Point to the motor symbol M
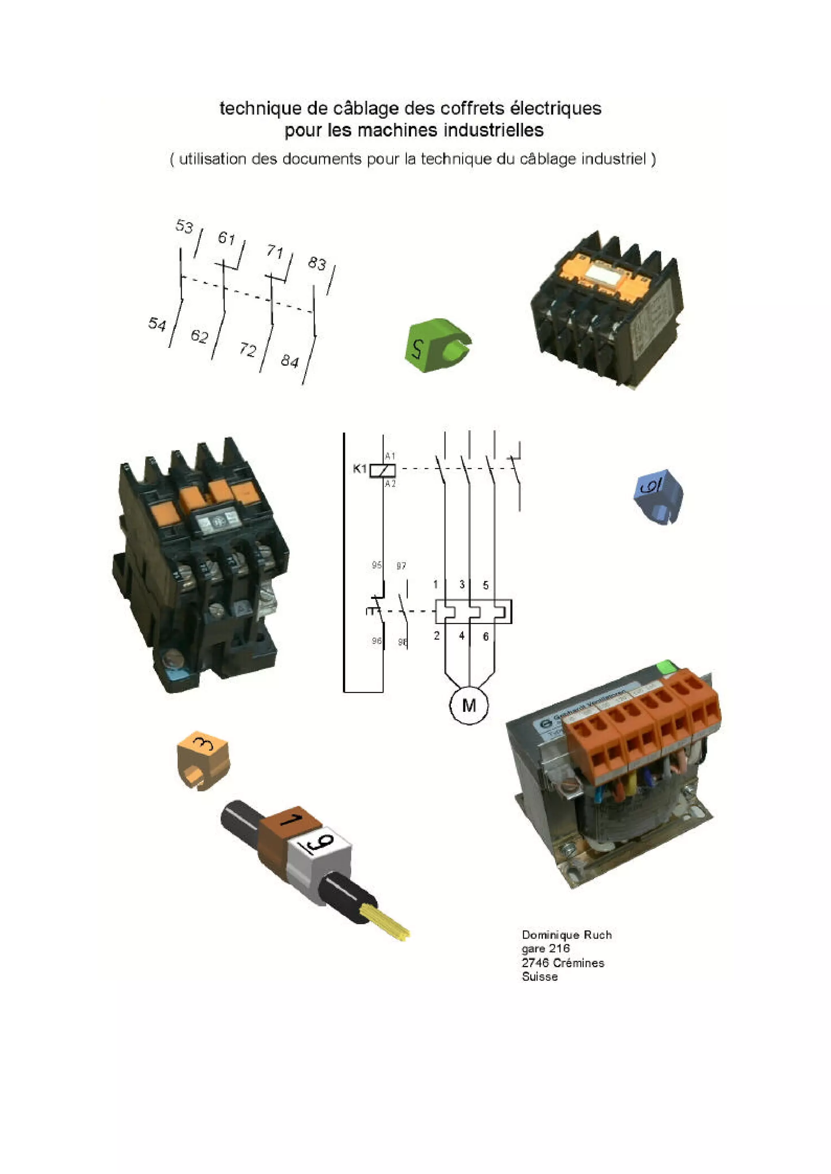(x=469, y=705)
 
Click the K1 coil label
(x=360, y=468)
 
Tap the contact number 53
(x=184, y=226)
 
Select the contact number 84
(x=290, y=361)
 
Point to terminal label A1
(x=390, y=455)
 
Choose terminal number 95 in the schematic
(x=377, y=565)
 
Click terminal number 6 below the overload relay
(x=486, y=636)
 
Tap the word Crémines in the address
(x=579, y=963)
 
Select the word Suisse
(x=539, y=976)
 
